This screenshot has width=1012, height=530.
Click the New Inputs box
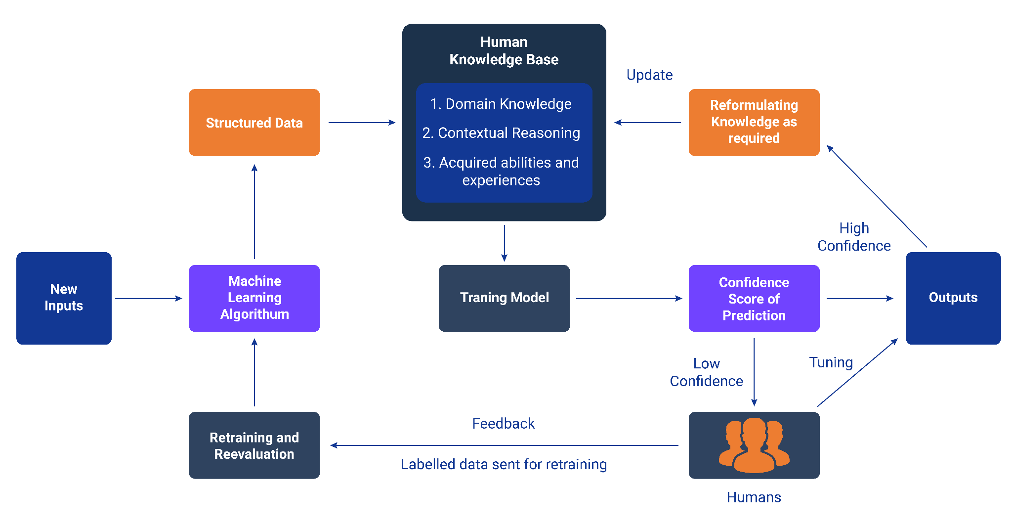click(64, 298)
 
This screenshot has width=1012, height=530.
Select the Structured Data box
click(254, 123)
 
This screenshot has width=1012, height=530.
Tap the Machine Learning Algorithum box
click(254, 298)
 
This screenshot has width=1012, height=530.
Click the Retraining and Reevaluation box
click(254, 445)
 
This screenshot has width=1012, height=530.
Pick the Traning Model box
click(504, 298)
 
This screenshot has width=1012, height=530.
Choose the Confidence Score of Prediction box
click(754, 299)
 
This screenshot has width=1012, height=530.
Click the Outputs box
click(953, 298)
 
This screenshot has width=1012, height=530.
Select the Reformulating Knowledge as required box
click(754, 122)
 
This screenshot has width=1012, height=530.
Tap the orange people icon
click(754, 445)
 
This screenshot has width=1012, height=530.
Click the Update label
click(649, 75)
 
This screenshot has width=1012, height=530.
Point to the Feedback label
click(503, 424)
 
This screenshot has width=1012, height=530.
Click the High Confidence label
click(854, 237)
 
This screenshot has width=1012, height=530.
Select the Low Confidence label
click(706, 373)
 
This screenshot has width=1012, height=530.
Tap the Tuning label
click(831, 363)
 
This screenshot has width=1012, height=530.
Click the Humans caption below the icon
click(754, 497)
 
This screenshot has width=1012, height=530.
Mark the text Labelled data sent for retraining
click(504, 465)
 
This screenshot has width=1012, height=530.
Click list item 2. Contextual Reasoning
click(501, 133)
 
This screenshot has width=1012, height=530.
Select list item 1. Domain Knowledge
click(501, 104)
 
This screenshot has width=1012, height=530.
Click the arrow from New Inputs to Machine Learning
click(148, 298)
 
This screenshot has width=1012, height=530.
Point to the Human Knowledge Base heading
click(504, 51)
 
